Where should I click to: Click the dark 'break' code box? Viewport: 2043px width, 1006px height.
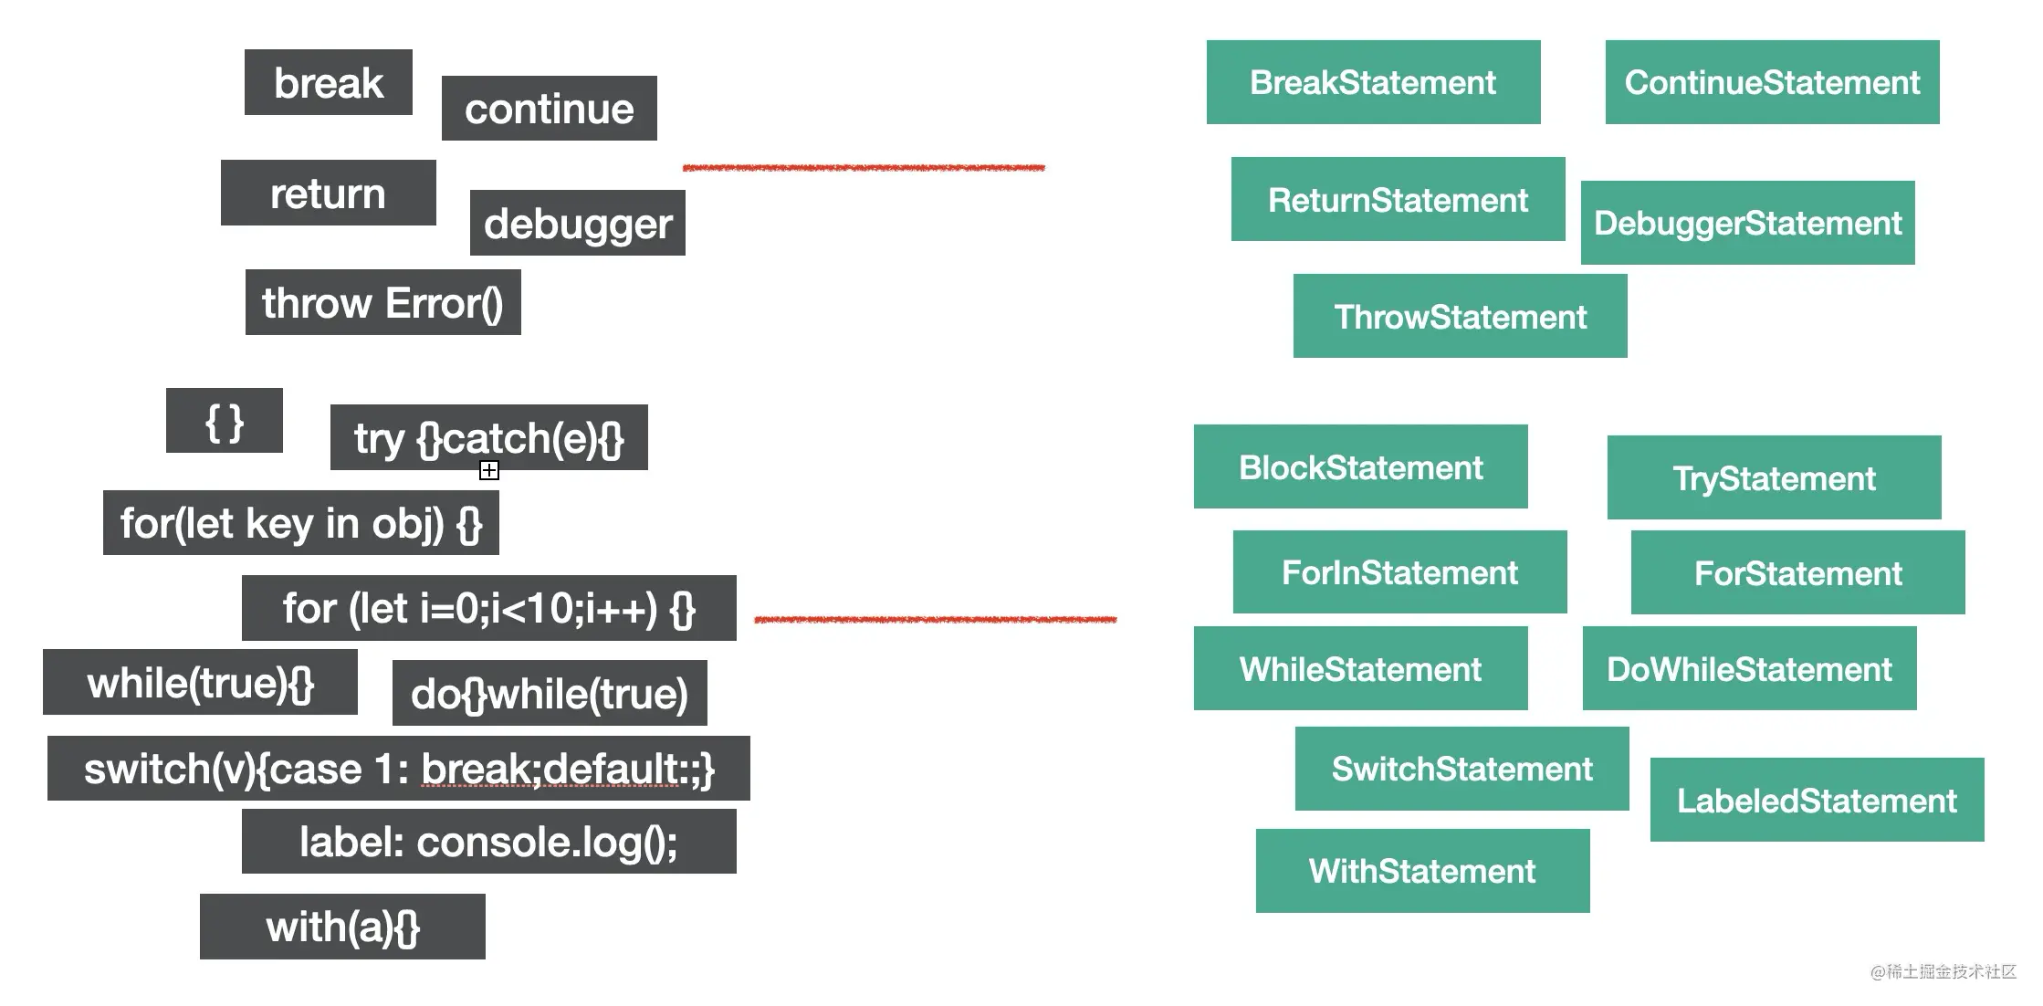click(x=328, y=82)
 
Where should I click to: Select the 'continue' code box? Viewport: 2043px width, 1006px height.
click(x=549, y=109)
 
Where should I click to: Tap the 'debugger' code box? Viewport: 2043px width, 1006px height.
click(x=577, y=223)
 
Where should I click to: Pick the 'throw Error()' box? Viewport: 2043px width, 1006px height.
click(x=382, y=302)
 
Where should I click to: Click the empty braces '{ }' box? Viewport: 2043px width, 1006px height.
click(x=224, y=421)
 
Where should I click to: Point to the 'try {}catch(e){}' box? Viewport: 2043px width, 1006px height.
click(x=488, y=437)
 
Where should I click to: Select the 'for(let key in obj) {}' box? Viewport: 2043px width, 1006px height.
click(x=300, y=523)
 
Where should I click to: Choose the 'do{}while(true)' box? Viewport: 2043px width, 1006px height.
click(x=549, y=693)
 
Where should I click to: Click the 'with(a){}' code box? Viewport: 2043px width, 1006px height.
click(x=342, y=927)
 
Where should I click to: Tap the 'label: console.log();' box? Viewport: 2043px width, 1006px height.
click(x=488, y=842)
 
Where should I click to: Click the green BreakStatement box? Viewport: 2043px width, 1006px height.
click(x=1373, y=82)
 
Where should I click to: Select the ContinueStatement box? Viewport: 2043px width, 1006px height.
click(x=1772, y=82)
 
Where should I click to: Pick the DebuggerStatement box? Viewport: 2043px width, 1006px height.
click(x=1747, y=223)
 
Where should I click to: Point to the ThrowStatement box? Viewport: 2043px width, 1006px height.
click(x=1460, y=316)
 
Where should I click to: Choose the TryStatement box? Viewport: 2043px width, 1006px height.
click(x=1774, y=477)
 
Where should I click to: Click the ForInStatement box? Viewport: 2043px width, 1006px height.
click(x=1399, y=572)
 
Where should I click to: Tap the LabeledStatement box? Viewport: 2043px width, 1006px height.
click(x=1817, y=800)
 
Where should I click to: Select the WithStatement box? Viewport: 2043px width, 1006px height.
click(x=1422, y=871)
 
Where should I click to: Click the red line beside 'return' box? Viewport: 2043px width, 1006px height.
click(x=864, y=168)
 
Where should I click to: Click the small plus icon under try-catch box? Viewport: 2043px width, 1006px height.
click(x=489, y=470)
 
